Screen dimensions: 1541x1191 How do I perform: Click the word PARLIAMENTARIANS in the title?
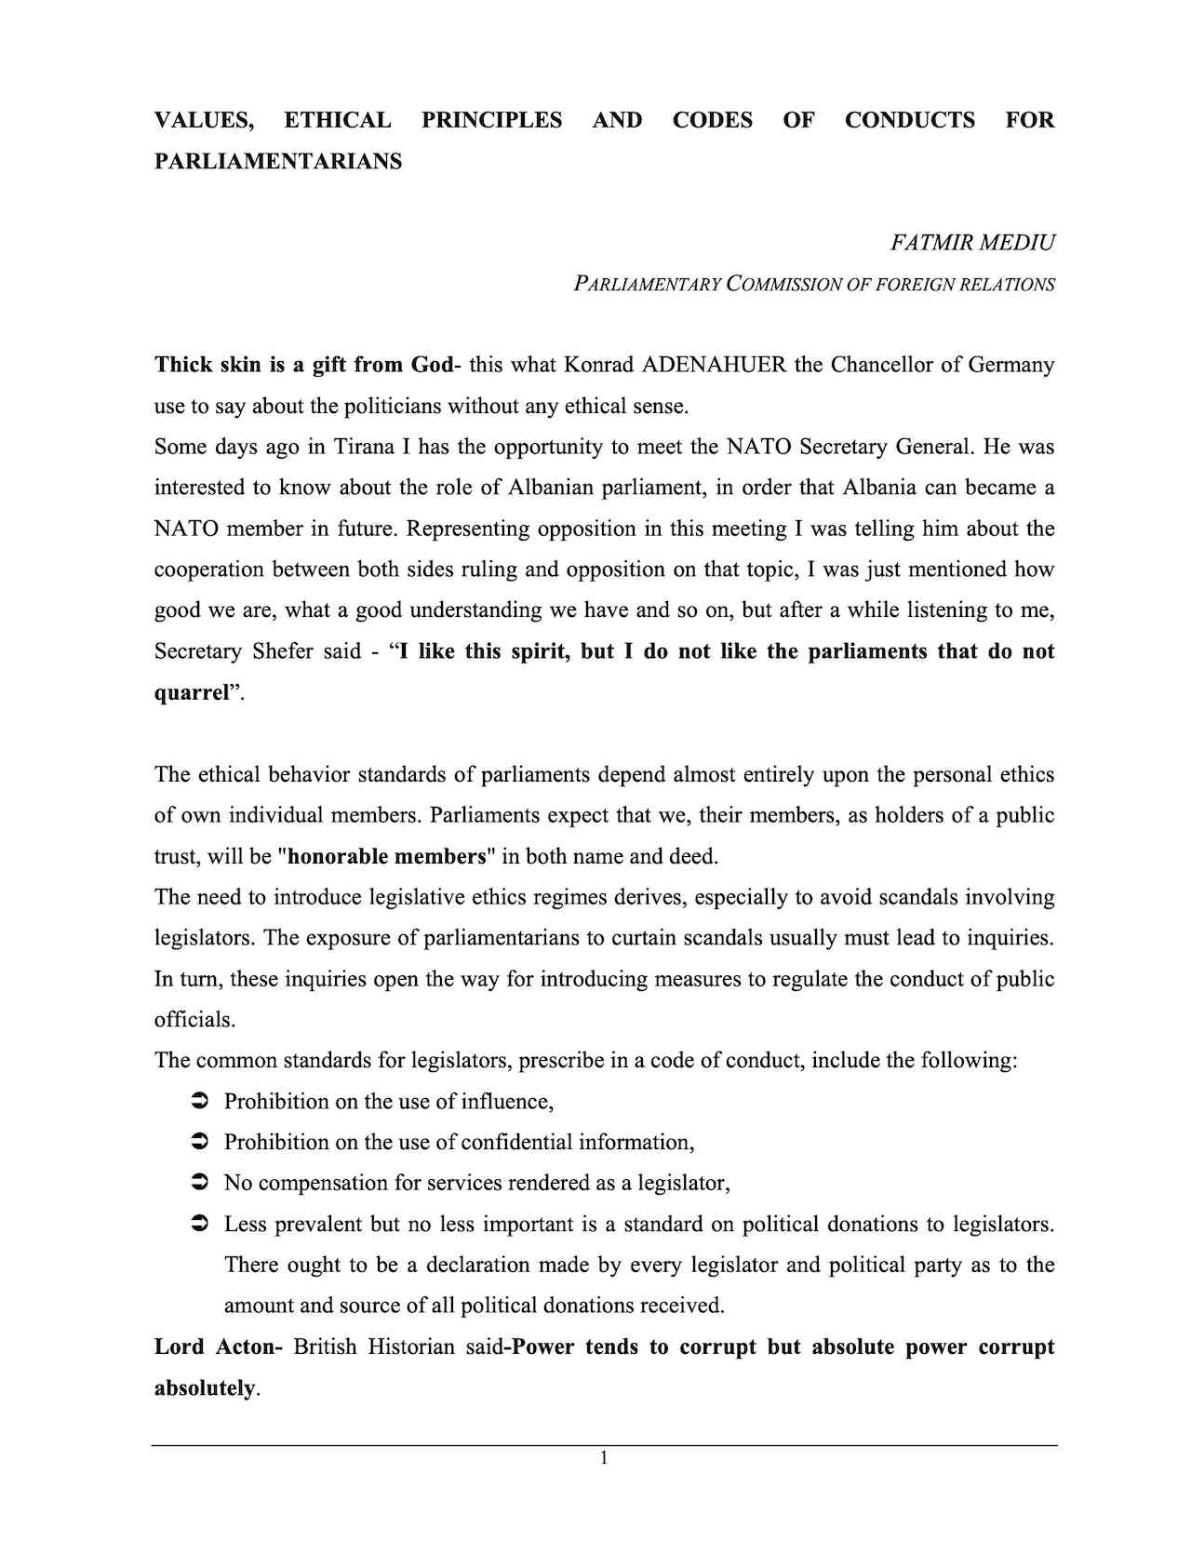point(278,161)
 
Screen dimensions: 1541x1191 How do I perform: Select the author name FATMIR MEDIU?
point(972,243)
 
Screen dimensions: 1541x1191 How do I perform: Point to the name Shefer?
point(283,651)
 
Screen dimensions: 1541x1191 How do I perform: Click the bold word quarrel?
point(192,692)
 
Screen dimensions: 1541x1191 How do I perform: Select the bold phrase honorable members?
point(388,856)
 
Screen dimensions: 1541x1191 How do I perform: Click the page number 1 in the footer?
point(604,1458)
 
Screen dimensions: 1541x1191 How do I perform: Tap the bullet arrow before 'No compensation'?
point(198,1184)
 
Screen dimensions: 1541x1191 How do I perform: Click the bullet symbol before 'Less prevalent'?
point(198,1225)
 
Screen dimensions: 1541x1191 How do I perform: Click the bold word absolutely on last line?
point(204,1388)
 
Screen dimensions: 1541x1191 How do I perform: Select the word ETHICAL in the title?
point(338,120)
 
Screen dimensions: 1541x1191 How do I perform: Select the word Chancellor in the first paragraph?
point(881,364)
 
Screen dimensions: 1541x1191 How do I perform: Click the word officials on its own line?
point(194,1020)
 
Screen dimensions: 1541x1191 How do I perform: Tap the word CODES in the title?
point(712,120)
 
